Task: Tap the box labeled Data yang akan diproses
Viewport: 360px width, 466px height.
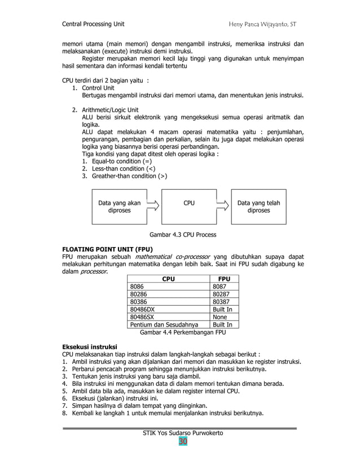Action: (x=119, y=206)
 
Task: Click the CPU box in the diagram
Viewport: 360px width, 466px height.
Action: (x=189, y=206)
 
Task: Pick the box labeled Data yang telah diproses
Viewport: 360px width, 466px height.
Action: (x=258, y=206)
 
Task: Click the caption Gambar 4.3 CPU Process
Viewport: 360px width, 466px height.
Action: (x=182, y=234)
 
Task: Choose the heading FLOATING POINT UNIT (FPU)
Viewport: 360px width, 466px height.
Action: (x=108, y=248)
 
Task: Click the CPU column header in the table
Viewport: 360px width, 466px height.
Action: (x=168, y=278)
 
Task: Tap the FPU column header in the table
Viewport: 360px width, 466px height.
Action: (x=224, y=278)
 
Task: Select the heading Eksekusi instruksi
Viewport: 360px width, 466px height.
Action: (x=89, y=346)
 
